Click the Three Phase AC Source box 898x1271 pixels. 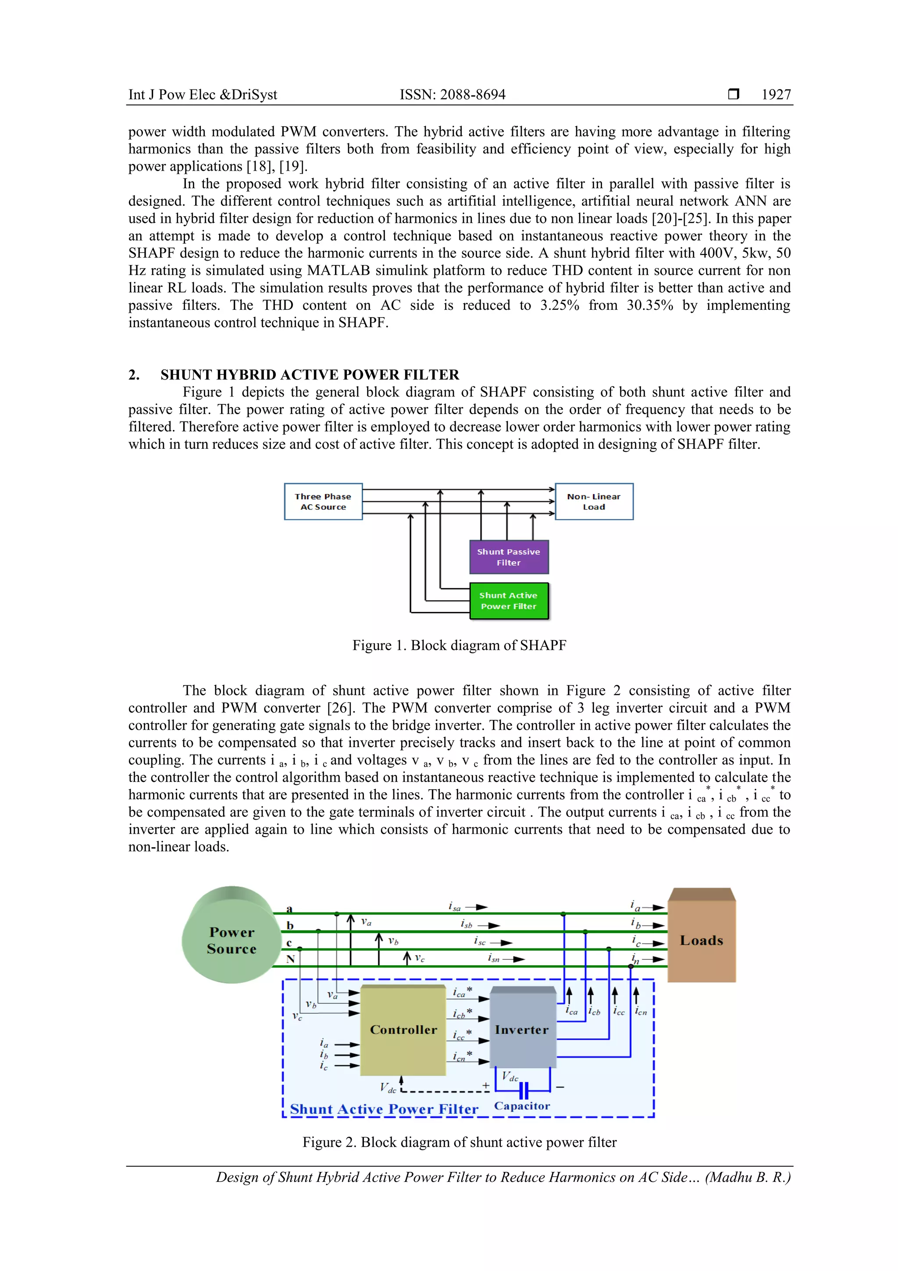pyautogui.click(x=323, y=501)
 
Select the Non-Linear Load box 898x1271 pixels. pyautogui.click(x=594, y=501)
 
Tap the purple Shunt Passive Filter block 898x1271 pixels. pyautogui.click(x=509, y=557)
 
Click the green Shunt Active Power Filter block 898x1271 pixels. pyautogui.click(x=509, y=601)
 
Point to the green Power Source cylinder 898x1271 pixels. pyautogui.click(x=231, y=941)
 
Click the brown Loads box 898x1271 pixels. pyautogui.click(x=702, y=941)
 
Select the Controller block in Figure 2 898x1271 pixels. pyautogui.click(x=403, y=1030)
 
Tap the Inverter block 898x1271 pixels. pyautogui.click(x=522, y=1030)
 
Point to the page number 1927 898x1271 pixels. pyautogui.click(x=776, y=95)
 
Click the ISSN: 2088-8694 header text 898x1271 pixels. pyautogui.click(x=453, y=95)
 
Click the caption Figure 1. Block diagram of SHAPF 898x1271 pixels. pyautogui.click(x=459, y=645)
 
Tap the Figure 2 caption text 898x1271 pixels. pyautogui.click(x=459, y=1142)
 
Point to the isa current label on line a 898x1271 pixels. pyautogui.click(x=455, y=907)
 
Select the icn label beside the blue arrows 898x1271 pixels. pyautogui.click(x=641, y=1011)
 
